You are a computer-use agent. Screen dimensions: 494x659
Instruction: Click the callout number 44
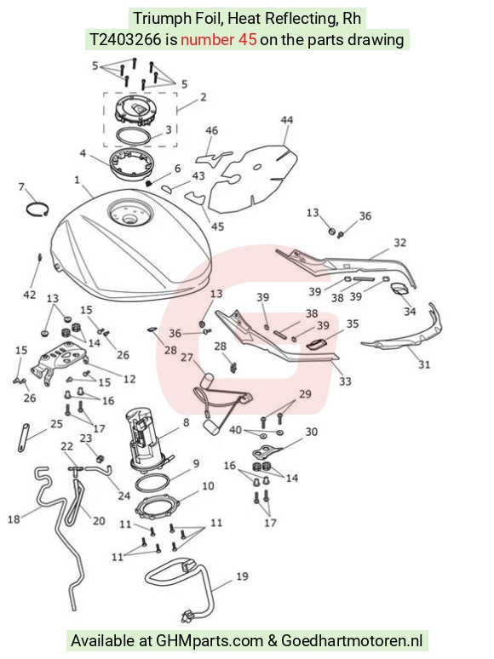[x=287, y=120]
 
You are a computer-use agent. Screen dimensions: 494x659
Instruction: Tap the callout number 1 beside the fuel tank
[x=77, y=181]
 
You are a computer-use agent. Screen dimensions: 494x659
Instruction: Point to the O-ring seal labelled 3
[x=133, y=136]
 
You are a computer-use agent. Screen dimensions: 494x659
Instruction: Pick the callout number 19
[x=242, y=576]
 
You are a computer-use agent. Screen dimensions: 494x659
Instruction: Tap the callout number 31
[x=424, y=364]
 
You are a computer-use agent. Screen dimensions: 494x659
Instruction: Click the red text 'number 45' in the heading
[x=218, y=39]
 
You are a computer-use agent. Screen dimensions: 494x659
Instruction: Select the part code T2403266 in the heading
[x=126, y=39]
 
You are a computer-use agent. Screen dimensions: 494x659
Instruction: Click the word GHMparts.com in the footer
[x=210, y=641]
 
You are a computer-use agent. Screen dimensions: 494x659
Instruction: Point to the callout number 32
[x=399, y=243]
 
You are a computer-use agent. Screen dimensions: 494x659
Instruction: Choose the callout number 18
[x=14, y=519]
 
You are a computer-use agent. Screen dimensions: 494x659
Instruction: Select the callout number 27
[x=187, y=358]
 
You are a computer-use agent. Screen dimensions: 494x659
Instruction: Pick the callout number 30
[x=311, y=432]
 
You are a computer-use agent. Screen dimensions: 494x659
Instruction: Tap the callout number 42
[x=29, y=295]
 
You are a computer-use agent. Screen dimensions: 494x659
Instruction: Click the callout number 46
[x=211, y=130]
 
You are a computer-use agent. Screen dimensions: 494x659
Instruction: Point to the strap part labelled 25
[x=24, y=438]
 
